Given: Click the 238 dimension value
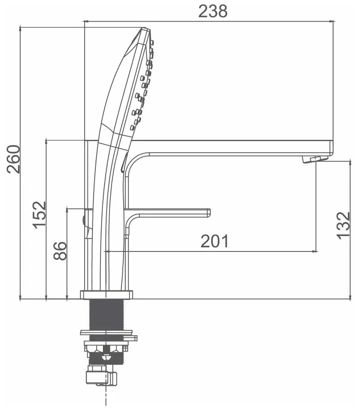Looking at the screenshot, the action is pos(213,12).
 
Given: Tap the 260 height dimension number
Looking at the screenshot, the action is pos(13,159).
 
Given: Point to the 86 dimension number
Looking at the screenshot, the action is pos(60,251).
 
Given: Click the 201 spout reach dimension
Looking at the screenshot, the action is pos(214,241).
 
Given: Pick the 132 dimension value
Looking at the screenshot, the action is pos(343,225).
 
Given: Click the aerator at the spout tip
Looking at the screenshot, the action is pos(315,159).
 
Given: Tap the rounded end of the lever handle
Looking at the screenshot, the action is pos(208,212).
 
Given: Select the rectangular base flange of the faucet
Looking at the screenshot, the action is pos(107,294).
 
